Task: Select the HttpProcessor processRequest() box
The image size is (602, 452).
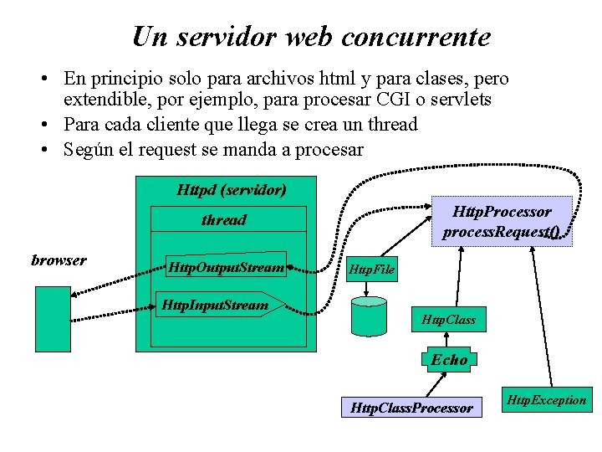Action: [502, 221]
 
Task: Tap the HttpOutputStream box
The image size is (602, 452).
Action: [227, 267]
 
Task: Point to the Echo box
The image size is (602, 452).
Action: [450, 360]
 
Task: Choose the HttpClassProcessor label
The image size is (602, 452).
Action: [412, 408]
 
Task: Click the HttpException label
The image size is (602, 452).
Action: [548, 400]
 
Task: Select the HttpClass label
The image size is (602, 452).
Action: [449, 319]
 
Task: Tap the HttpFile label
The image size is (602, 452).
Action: [371, 269]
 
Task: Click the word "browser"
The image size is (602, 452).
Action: [59, 260]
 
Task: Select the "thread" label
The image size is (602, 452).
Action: [224, 220]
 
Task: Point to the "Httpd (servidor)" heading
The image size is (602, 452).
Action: [232, 189]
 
